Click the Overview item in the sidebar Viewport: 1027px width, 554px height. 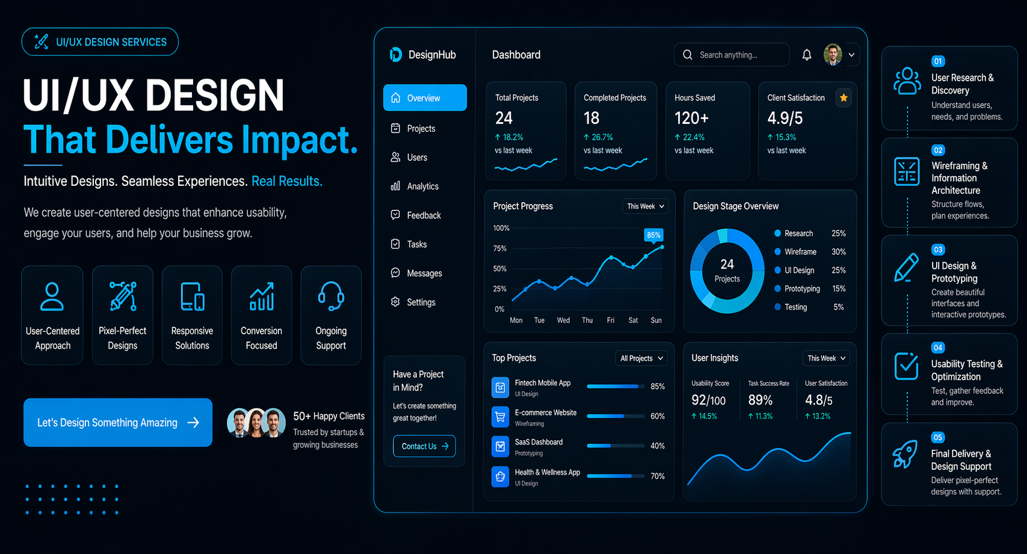[424, 98]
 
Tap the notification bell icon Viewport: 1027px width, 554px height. [807, 55]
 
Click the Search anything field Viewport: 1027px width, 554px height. [731, 55]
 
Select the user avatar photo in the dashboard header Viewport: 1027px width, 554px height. [833, 55]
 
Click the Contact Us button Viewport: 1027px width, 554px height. [424, 446]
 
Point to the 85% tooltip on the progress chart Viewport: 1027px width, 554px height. [653, 235]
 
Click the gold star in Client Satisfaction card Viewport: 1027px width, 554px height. [843, 98]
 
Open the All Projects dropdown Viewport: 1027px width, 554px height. [641, 359]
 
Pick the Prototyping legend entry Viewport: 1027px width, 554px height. [801, 289]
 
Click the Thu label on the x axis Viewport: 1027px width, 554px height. [587, 321]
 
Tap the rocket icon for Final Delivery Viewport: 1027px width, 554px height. [905, 454]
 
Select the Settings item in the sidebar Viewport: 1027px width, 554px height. [421, 303]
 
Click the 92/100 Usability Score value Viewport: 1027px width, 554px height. [708, 400]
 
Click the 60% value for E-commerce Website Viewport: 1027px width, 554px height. [657, 416]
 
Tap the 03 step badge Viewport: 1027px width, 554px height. [938, 250]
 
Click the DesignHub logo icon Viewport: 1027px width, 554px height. [395, 55]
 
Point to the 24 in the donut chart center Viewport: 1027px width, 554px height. [727, 264]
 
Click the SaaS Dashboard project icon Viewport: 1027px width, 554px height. [500, 446]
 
